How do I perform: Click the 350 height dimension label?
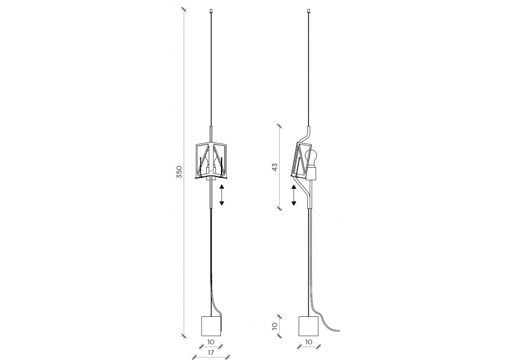[179, 172]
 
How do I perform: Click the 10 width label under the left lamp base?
[211, 341]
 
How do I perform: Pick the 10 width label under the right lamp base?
[308, 341]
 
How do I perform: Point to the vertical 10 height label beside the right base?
[274, 326]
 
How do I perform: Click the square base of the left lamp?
[211, 326]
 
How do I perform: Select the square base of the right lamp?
[308, 326]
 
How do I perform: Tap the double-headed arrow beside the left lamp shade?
[222, 195]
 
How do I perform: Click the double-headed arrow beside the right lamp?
[293, 195]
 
